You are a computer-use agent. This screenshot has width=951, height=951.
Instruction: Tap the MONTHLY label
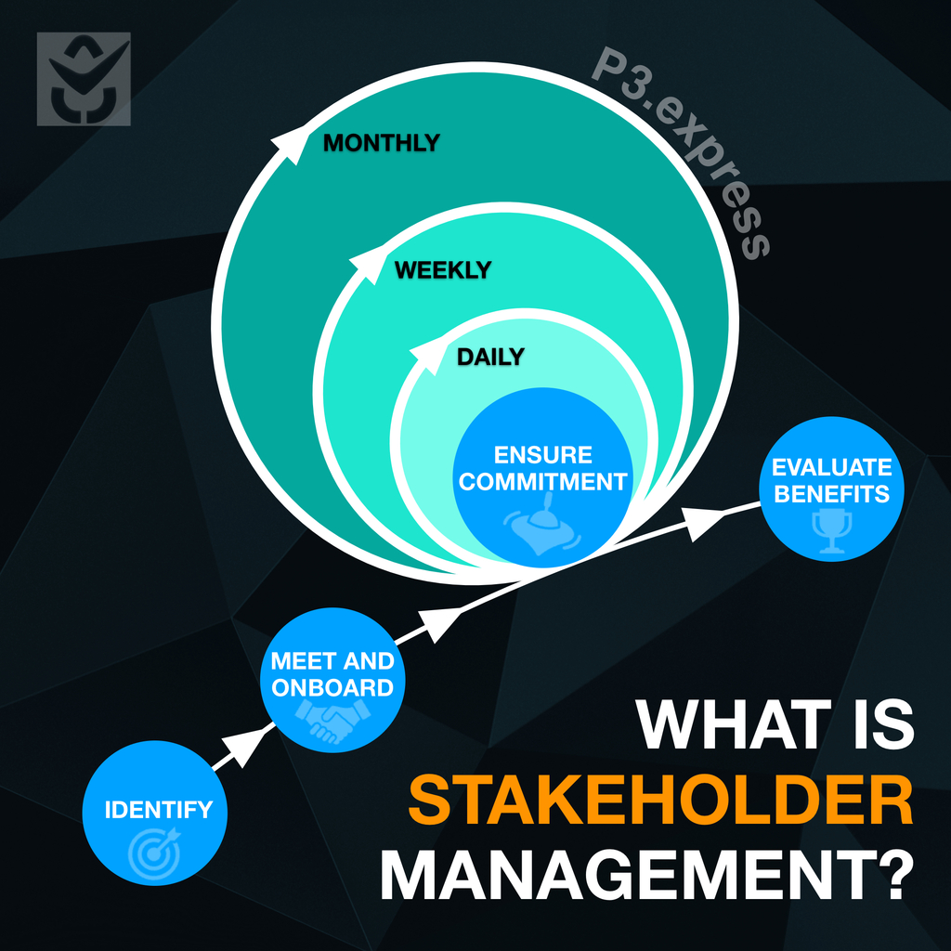381,143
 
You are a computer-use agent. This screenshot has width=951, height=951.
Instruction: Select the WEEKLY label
443,270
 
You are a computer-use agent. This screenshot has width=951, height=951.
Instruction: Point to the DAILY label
490,357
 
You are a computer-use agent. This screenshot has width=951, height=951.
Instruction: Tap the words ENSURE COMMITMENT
543,469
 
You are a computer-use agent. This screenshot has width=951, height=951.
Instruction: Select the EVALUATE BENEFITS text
831,480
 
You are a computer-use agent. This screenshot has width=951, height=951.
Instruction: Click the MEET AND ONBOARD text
332,674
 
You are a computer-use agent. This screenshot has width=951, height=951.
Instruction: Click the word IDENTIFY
158,810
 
